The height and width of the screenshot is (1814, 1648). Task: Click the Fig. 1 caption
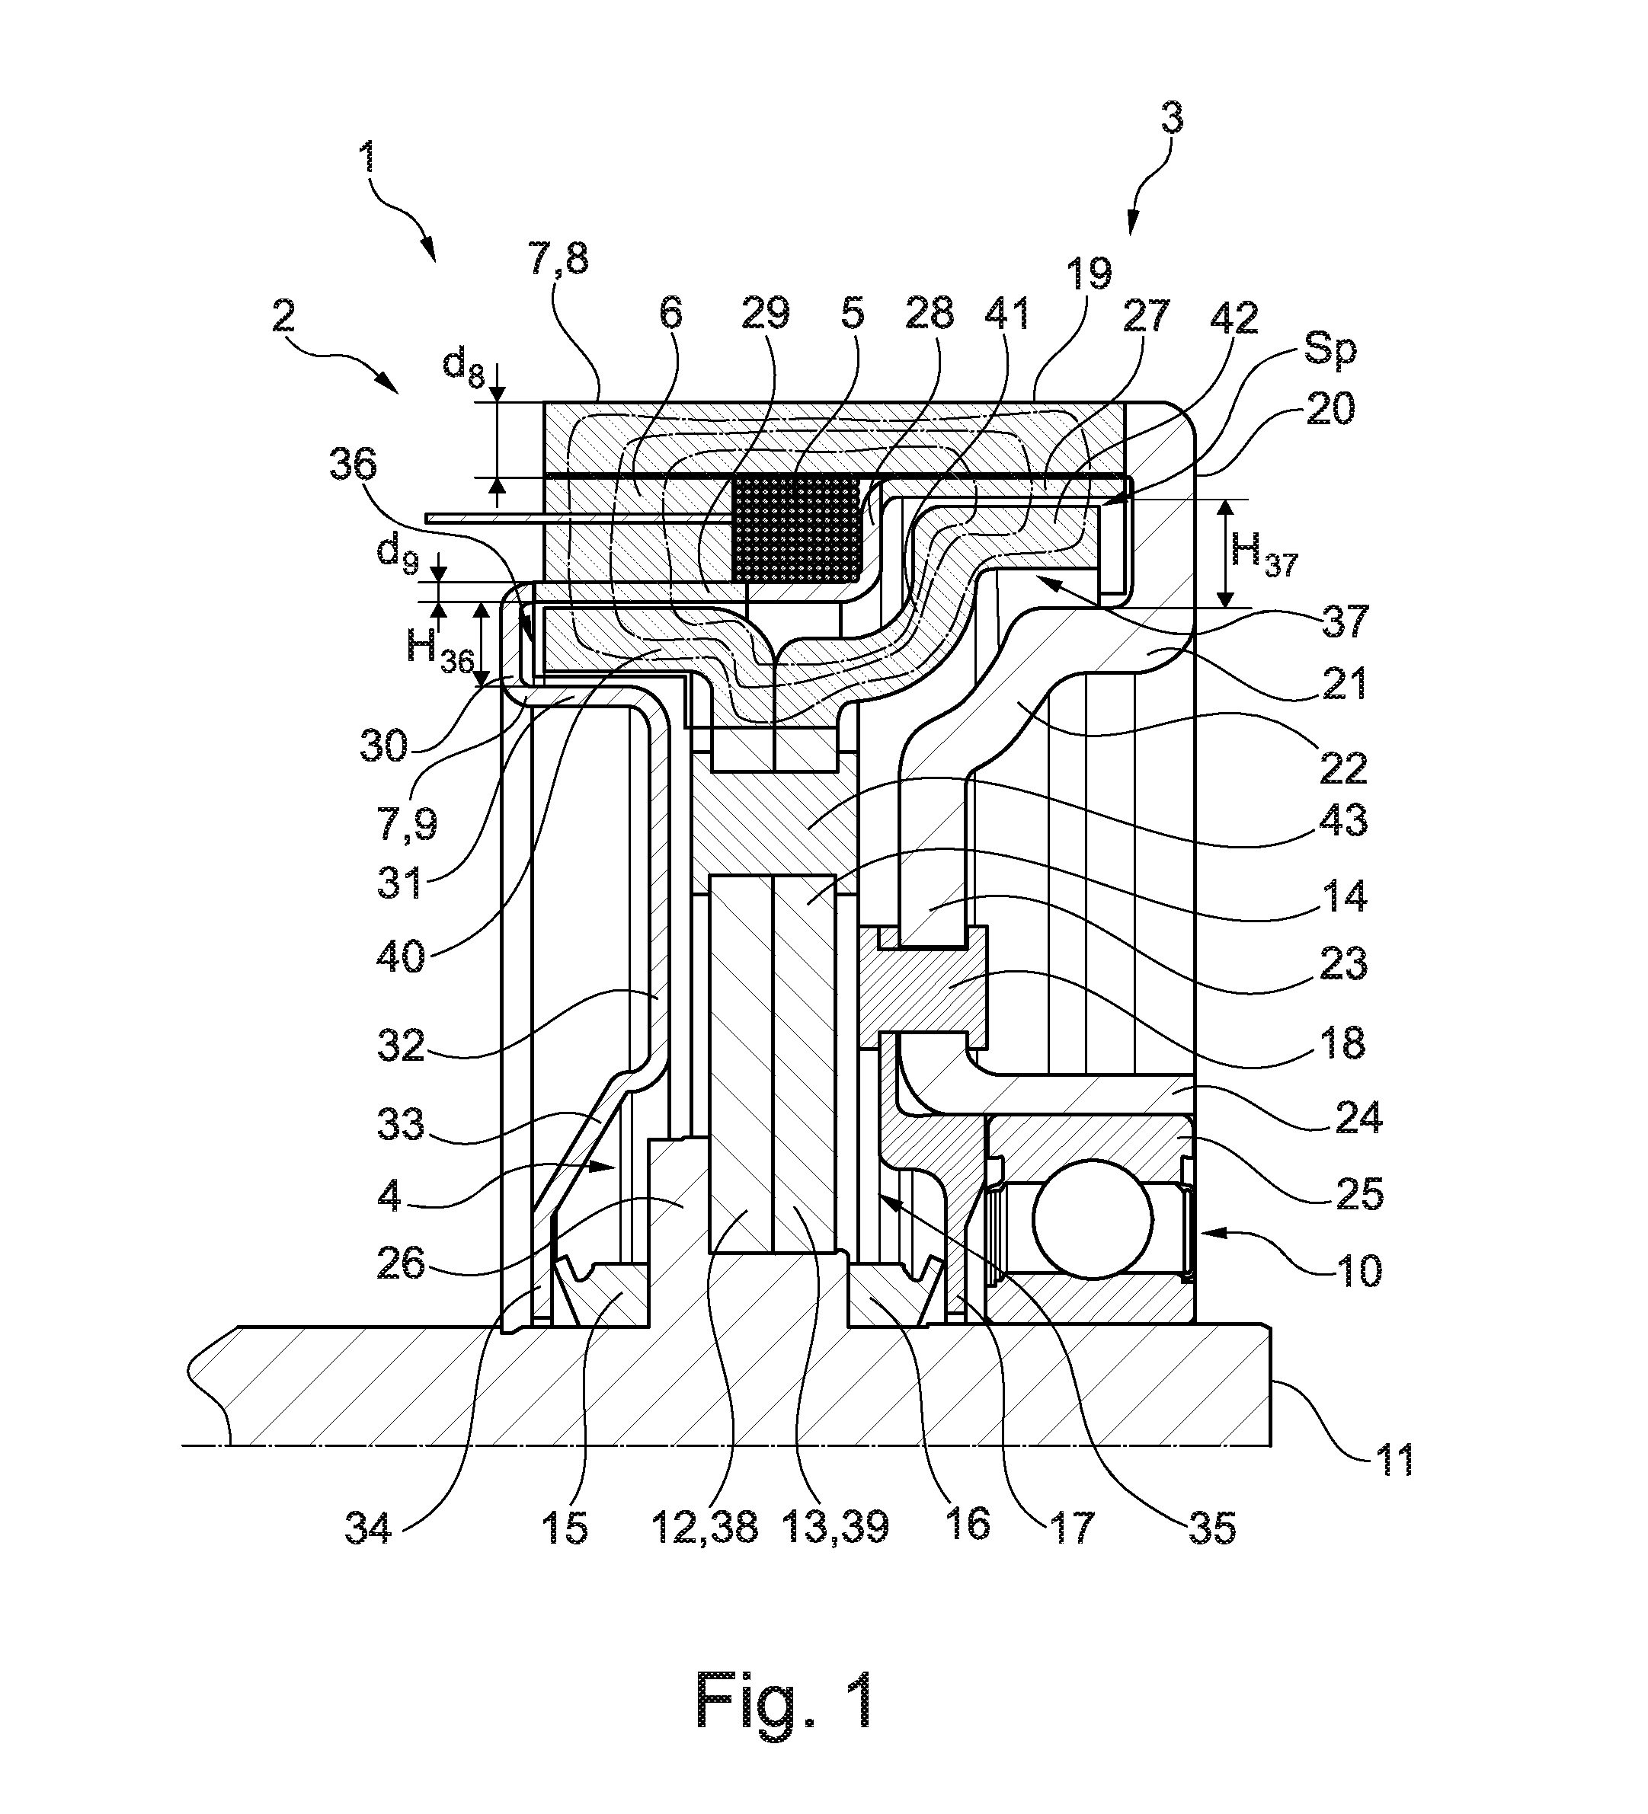coord(784,1700)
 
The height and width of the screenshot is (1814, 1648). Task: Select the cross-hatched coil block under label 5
coord(798,529)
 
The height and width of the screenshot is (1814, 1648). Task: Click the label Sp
coord(1330,348)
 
